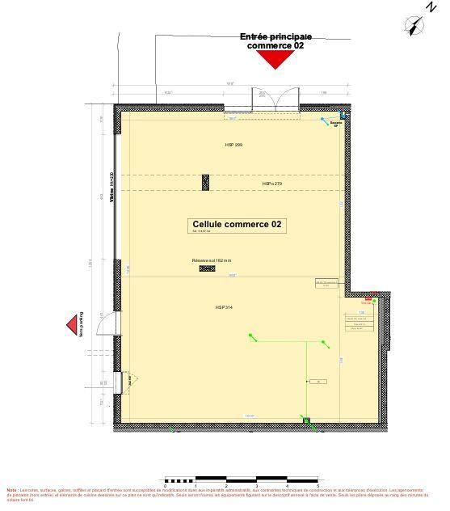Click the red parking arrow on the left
[72, 325]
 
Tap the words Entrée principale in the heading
[276, 37]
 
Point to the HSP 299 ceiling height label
[234, 145]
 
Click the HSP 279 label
[272, 184]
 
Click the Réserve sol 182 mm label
[212, 260]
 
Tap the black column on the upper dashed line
[206, 183]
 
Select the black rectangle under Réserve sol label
[207, 271]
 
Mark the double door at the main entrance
[275, 99]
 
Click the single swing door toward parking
[106, 324]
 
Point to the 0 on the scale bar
[165, 486]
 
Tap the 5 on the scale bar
[319, 486]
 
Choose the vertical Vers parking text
[82, 324]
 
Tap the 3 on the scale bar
[258, 486]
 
